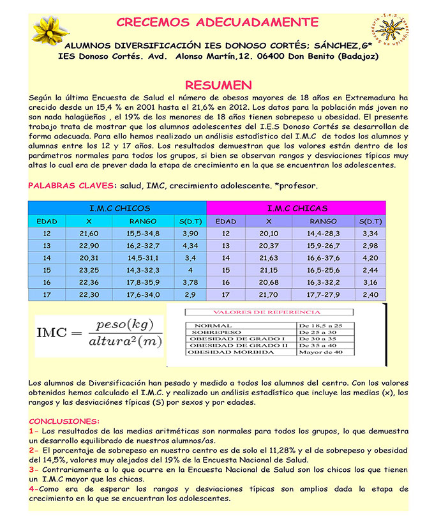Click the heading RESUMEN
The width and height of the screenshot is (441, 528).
point(218,86)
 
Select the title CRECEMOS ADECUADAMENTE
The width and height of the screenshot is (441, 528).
point(218,23)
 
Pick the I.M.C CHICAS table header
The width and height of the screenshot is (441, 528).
point(297,208)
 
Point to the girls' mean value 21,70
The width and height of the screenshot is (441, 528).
point(269,295)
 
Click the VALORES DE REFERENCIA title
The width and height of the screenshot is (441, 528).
point(267,313)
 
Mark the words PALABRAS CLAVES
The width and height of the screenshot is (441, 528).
point(70,185)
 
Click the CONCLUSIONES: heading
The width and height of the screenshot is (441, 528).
point(64,421)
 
